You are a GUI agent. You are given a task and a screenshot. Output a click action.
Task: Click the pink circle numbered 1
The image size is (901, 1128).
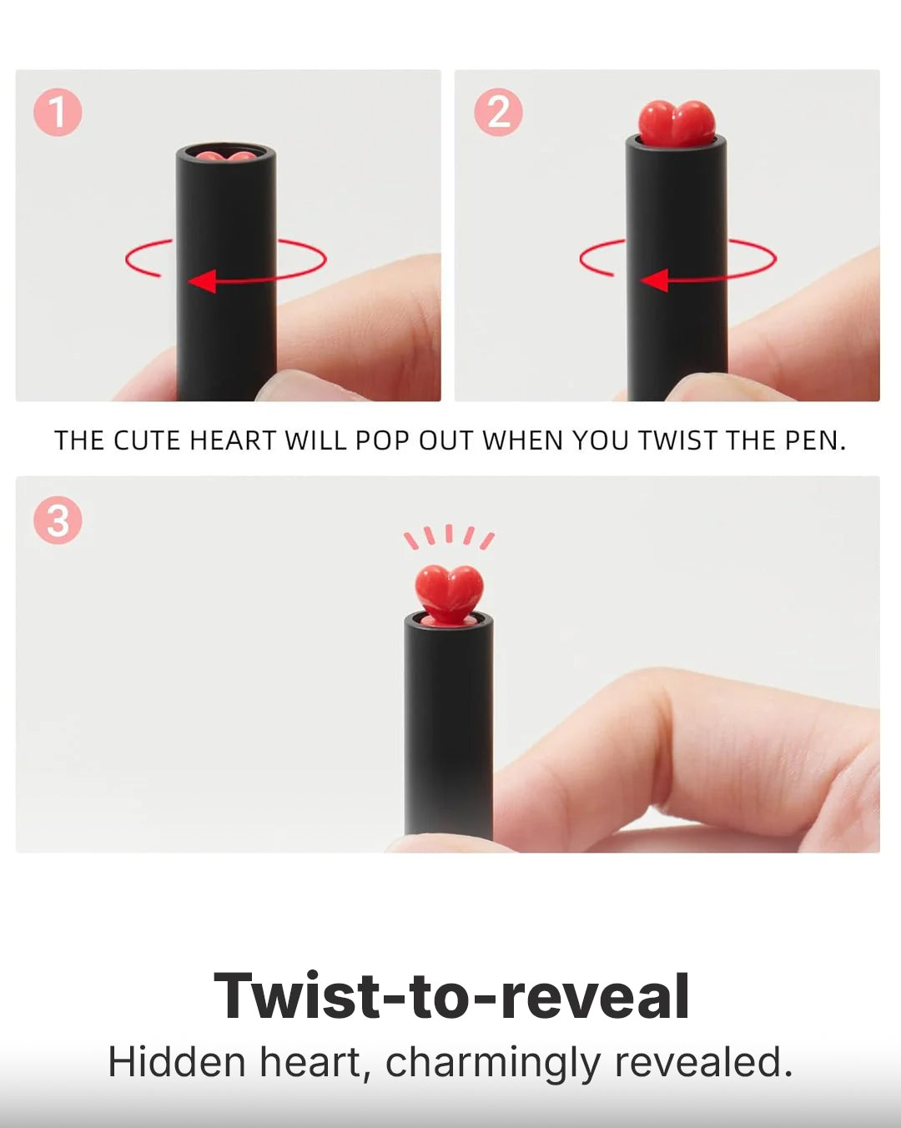coord(58,112)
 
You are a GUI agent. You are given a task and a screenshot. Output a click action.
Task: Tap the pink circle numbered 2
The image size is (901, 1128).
coord(498,112)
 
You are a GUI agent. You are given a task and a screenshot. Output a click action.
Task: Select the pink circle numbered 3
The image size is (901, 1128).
coord(58,520)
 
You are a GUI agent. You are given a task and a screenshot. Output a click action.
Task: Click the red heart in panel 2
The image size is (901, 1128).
coord(677,123)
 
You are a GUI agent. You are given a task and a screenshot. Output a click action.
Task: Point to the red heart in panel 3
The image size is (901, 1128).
coord(449,593)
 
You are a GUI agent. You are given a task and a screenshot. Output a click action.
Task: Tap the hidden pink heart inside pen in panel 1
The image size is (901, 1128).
coord(226,156)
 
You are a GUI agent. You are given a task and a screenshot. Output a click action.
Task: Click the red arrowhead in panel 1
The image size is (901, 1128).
coord(203,281)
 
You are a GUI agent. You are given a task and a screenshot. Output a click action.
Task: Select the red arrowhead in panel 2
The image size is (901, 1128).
coord(655,279)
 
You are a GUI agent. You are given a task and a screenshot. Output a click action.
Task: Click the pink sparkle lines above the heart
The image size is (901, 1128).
coord(449,536)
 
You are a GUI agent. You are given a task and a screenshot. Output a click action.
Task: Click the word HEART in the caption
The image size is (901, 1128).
coord(232,441)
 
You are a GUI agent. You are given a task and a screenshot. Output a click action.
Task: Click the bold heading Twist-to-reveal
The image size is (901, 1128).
coord(451,996)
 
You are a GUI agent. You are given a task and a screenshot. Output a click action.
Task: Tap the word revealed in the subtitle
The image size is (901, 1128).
coord(703,1061)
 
